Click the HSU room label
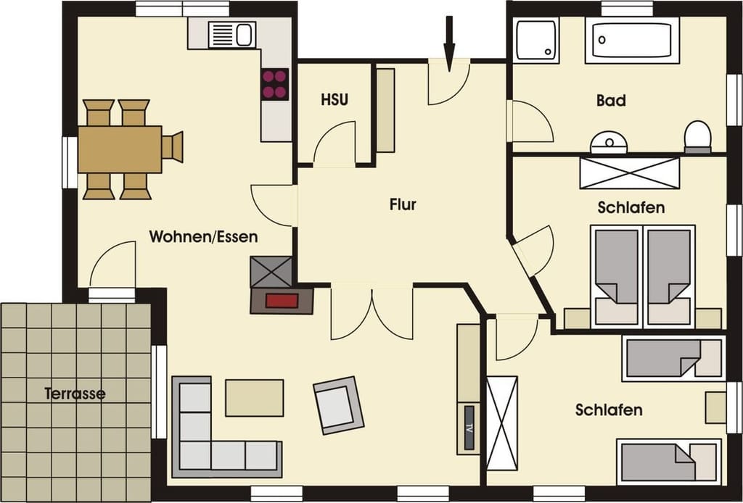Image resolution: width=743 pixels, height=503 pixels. (x=334, y=100)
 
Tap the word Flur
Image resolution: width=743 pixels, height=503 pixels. (x=403, y=204)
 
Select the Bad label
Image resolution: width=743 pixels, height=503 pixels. (x=611, y=100)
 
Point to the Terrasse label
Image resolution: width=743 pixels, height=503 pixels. (x=75, y=394)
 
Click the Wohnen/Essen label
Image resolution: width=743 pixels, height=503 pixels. (x=203, y=236)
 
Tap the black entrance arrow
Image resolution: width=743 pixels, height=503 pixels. (x=449, y=43)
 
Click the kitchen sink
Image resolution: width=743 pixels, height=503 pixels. (x=231, y=35)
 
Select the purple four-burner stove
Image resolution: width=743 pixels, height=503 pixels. (x=274, y=84)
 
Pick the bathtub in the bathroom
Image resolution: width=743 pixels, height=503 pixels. (x=632, y=40)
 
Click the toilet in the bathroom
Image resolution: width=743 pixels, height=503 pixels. (x=697, y=137)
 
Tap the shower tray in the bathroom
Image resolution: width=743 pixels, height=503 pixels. (x=537, y=40)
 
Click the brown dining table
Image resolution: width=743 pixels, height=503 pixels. (x=120, y=149)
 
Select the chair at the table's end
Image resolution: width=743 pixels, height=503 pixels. (x=173, y=147)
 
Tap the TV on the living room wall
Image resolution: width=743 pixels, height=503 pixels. (x=469, y=428)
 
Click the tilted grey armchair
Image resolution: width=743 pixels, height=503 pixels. (x=338, y=405)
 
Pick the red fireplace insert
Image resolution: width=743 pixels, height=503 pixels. (x=282, y=301)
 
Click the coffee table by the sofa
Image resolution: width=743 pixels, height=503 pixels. (x=255, y=397)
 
